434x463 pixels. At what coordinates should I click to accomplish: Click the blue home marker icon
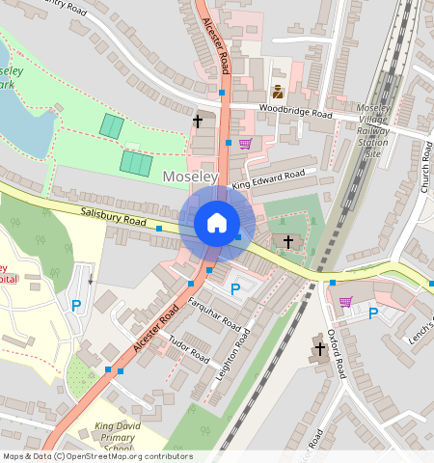pos(217,224)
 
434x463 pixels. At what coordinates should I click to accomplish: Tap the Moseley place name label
pos(190,177)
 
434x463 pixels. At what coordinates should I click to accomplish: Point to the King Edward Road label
pos(268,178)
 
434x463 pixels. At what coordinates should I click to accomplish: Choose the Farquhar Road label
pos(214,314)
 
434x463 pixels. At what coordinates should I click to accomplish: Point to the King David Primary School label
pos(119,437)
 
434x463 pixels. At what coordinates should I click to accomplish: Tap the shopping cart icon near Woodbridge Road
pos(245,144)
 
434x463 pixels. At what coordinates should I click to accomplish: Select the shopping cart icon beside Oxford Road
pos(345,302)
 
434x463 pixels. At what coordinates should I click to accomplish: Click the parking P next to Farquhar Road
pos(234,289)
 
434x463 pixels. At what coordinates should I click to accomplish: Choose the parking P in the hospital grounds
pos(76,306)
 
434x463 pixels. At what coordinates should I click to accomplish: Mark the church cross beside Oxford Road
pos(319,347)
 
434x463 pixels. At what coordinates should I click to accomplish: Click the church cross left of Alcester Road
pos(198,122)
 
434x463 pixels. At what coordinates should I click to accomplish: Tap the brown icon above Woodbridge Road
pos(278,93)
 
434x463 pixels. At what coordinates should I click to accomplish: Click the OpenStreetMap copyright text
pos(96,456)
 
